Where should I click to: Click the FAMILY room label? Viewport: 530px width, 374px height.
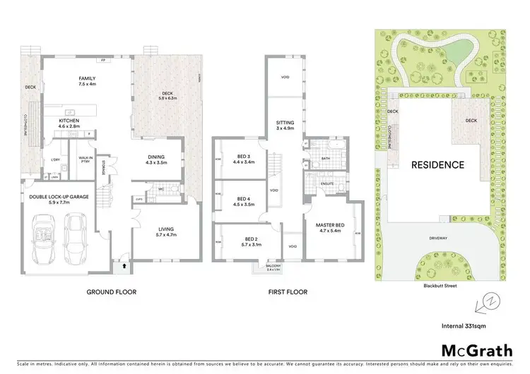click(88, 78)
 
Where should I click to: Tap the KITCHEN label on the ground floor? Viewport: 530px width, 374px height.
click(69, 121)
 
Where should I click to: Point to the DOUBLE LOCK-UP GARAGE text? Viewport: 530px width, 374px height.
click(59, 196)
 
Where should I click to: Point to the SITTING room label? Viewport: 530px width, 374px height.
click(285, 123)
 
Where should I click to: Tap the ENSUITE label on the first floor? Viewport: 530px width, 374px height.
click(326, 183)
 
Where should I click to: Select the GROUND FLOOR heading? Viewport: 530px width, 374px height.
click(111, 291)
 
